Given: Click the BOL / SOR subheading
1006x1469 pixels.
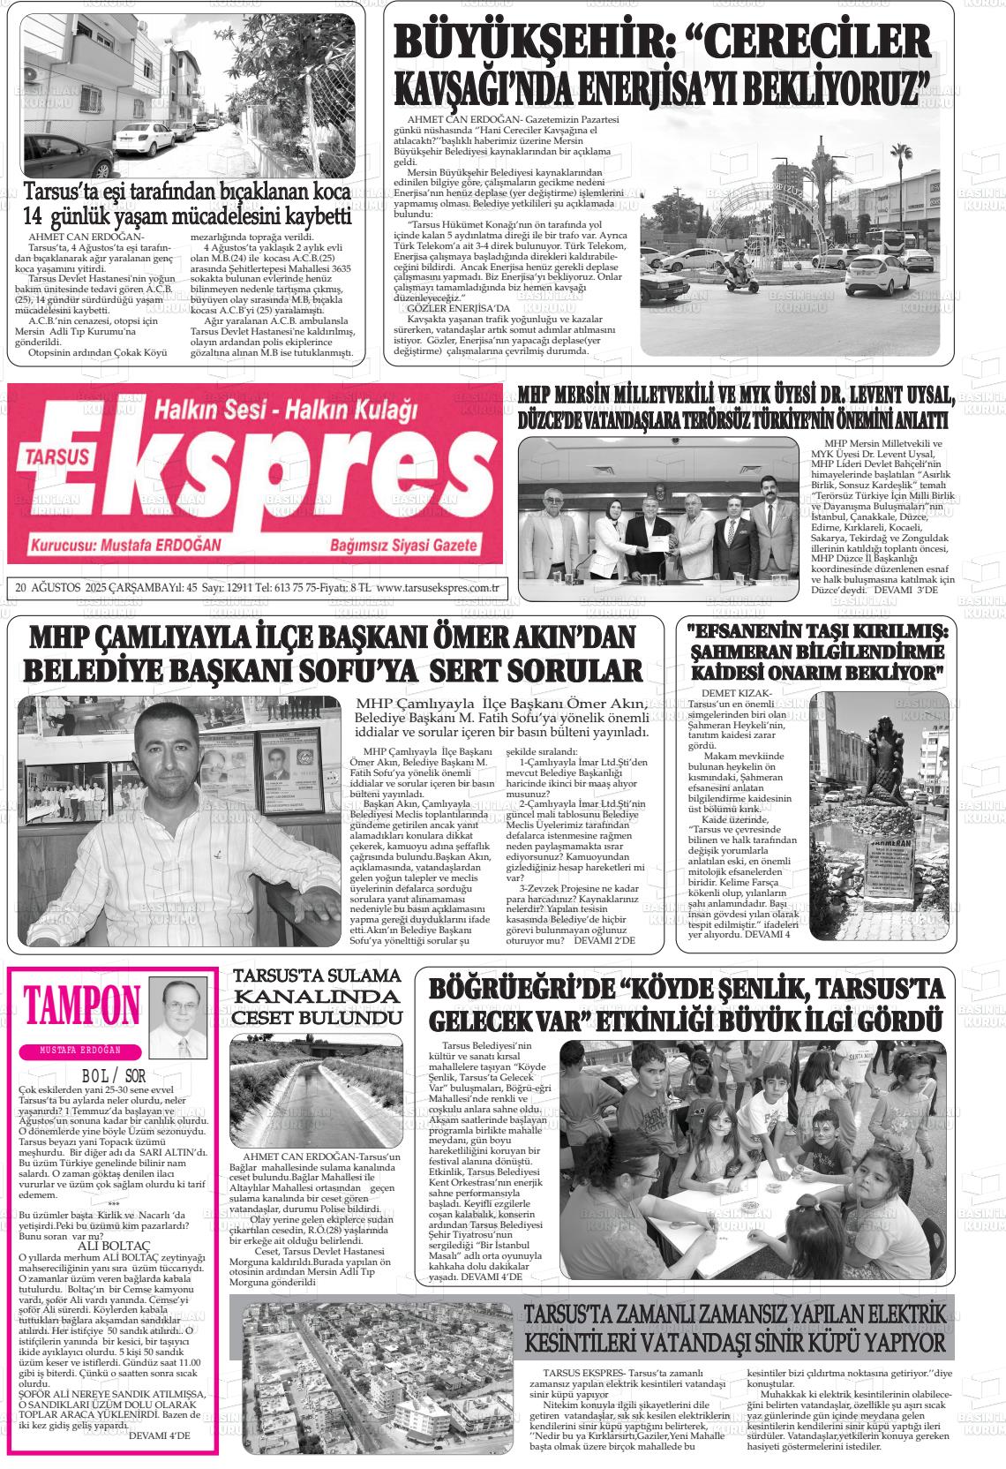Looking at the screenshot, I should click(x=112, y=1076).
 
